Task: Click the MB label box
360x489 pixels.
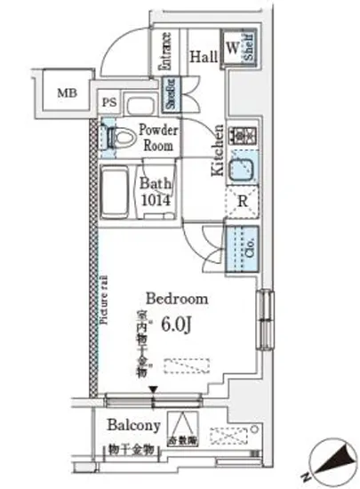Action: tap(67, 92)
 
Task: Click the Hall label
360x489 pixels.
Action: tap(204, 57)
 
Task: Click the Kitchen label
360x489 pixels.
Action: tap(216, 157)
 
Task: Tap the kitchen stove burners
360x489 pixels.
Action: tap(241, 138)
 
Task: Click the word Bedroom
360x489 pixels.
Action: tap(177, 299)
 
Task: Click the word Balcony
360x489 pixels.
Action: tap(135, 425)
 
